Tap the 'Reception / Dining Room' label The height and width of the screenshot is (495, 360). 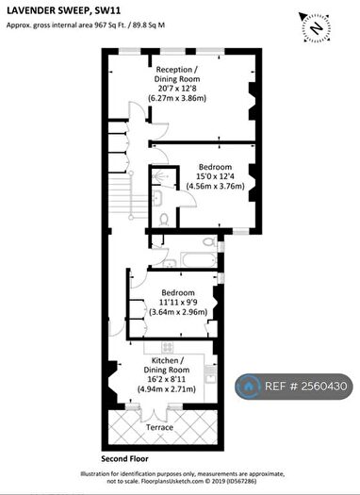point(176,74)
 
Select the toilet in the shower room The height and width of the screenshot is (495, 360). point(165,219)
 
